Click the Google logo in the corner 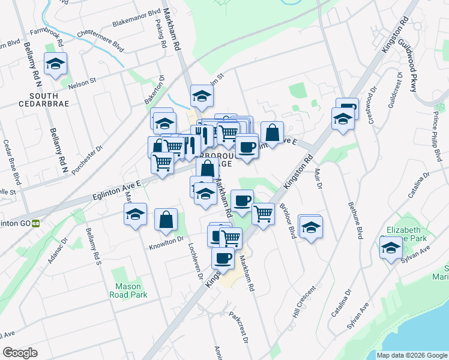[x=20, y=353]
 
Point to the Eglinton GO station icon [x=36, y=223]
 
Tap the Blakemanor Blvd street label [x=137, y=19]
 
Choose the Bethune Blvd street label [x=356, y=220]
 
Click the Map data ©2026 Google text [x=411, y=355]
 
